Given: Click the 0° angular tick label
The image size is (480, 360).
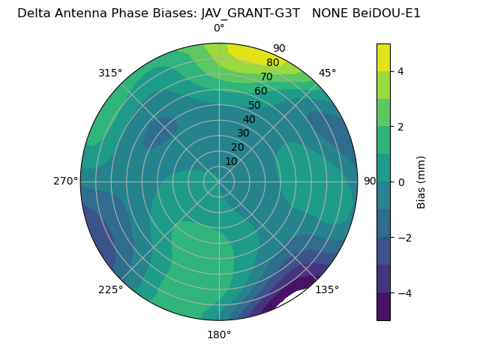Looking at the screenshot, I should [219, 28].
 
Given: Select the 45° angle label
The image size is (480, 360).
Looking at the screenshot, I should [327, 73].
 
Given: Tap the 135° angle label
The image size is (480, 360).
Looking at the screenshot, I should [327, 289].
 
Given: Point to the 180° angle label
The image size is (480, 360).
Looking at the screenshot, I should [219, 334].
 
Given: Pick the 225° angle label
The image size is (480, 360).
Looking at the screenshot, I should [110, 289].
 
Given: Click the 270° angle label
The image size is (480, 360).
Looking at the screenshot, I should [65, 181].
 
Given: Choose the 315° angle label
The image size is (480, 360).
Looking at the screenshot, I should [110, 73].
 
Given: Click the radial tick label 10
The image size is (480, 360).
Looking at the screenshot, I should [231, 161].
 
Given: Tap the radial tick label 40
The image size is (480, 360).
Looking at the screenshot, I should [249, 119].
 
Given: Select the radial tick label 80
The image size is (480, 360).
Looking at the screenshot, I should [272, 63].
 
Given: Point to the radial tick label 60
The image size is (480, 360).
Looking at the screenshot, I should [261, 91].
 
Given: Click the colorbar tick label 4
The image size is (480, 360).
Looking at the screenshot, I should [401, 71].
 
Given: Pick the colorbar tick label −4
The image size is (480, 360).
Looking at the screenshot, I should [404, 292].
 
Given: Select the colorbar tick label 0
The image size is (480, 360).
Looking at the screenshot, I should [401, 181].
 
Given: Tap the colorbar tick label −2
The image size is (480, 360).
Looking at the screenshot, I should [404, 237].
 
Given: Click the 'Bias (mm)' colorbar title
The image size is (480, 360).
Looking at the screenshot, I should [421, 181].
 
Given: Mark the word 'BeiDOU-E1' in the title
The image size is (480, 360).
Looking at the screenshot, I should [388, 13].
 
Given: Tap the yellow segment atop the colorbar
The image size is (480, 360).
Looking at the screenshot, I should [383, 57].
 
